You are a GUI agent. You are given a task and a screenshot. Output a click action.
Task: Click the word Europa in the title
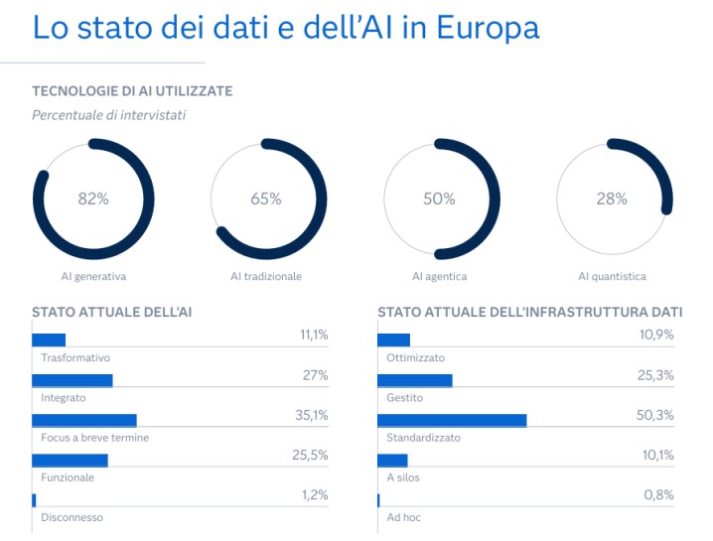point(486,27)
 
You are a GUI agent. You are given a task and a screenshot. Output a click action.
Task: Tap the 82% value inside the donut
point(93,199)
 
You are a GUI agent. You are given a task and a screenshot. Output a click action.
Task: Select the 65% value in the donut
point(266,199)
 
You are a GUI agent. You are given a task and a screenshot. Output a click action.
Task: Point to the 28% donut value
point(612,199)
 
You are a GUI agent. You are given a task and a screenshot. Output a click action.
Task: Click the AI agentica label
point(439,277)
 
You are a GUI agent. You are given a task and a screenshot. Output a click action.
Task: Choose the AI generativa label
point(93,277)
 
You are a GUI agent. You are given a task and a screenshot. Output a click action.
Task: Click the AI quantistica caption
point(612,277)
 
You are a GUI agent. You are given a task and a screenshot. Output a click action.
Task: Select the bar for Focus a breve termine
point(84,420)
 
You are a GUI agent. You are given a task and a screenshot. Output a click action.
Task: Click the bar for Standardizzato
point(452,420)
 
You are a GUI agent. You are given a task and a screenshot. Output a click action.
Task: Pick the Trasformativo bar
point(49,339)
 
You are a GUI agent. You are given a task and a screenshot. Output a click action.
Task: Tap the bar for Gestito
point(415,380)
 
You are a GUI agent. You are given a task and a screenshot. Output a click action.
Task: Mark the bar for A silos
point(393,460)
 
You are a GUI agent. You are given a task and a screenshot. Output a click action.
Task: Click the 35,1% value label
point(312,415)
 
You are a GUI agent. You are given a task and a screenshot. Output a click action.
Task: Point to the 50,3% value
point(655,415)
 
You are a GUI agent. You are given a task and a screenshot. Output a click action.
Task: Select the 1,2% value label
point(315,494)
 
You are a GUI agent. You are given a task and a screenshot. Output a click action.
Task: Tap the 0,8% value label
point(658,494)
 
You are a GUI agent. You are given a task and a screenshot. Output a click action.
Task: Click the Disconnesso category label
point(71,517)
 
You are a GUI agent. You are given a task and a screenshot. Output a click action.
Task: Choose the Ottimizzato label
point(415,357)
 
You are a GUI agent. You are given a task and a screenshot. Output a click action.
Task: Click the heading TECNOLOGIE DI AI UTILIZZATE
point(132,91)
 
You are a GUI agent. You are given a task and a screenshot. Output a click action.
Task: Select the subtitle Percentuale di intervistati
point(108,115)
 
